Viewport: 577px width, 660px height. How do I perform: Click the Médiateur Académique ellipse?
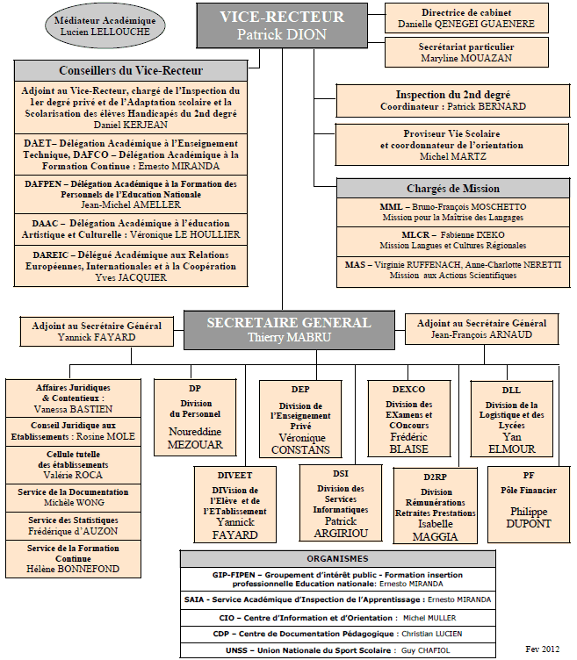105,25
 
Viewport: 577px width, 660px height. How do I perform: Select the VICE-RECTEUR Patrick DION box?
282,25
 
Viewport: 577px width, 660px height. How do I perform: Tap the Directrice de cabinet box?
466,18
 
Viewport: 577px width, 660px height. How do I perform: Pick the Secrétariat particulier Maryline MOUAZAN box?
466,52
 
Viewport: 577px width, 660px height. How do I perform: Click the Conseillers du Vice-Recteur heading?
131,70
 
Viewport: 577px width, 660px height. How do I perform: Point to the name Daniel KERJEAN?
131,125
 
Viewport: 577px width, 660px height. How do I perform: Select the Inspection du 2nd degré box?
453,101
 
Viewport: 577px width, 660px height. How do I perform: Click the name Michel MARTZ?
453,156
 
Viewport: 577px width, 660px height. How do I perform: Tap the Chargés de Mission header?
453,188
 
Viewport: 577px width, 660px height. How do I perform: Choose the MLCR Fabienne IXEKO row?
453,240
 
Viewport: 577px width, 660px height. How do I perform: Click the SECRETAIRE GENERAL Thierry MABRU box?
289,330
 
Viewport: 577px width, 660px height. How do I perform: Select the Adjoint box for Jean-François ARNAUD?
482,329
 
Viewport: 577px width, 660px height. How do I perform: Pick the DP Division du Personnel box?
195,418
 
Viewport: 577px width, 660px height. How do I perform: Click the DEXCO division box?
409,419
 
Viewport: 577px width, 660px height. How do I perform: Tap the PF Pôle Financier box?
529,505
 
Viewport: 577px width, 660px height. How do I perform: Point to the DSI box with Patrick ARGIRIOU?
341,503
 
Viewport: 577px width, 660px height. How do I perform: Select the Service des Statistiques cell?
73,526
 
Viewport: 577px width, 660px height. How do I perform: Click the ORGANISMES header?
338,558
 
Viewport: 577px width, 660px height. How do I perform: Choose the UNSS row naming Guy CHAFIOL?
338,650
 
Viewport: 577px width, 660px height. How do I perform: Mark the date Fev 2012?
542,649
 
